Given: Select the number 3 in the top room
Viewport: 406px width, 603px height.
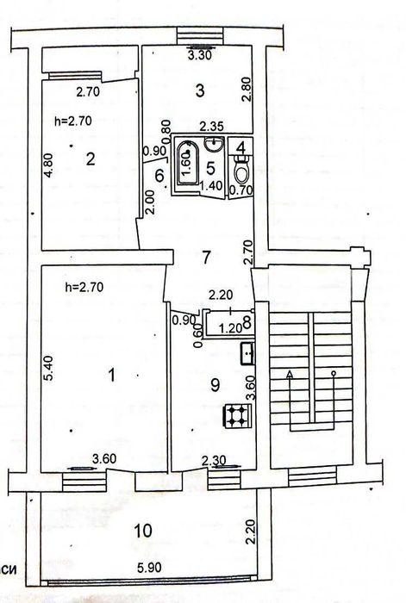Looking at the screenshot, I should coord(199,89).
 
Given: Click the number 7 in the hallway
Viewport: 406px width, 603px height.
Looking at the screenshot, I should coord(204,256).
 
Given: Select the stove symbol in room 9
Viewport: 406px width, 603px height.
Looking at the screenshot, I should coord(234,416).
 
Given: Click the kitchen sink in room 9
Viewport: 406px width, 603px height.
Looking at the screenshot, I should coord(246,351).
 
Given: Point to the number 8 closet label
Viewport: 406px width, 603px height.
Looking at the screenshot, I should coord(247,324).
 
